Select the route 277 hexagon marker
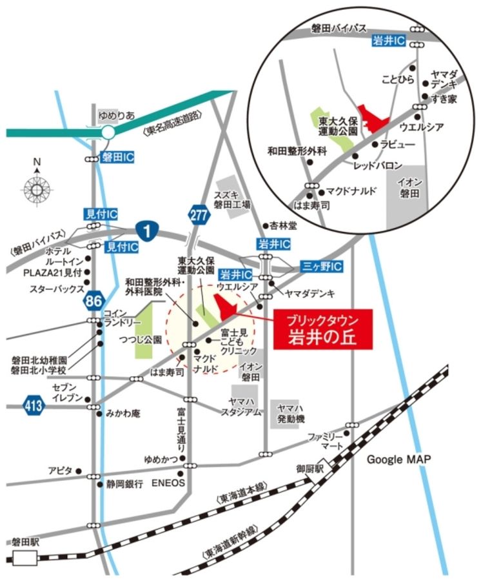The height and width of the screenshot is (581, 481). pos(199,214)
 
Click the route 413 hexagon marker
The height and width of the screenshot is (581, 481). pos(31,405)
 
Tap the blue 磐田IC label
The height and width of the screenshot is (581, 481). pos(118,157)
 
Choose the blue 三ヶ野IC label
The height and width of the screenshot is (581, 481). pos(320,266)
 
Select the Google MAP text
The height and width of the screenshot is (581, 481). pos(398,459)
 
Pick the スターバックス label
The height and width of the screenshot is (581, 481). pos(57,290)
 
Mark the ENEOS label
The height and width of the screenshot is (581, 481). pos(168,483)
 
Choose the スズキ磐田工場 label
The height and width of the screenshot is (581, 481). pos(233,199)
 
